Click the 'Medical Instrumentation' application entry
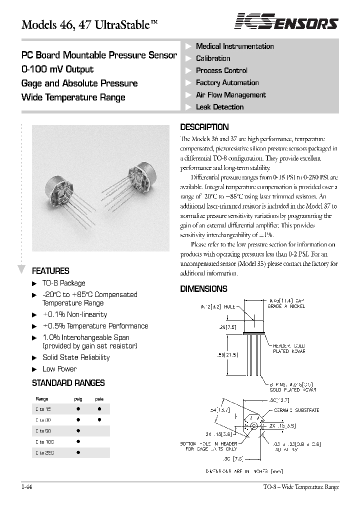[234, 46]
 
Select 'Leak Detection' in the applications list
[219, 107]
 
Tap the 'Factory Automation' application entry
[227, 83]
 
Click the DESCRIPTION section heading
[204, 127]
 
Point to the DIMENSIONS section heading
[203, 289]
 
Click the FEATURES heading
[50, 271]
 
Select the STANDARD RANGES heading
[68, 383]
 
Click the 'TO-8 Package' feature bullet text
[63, 283]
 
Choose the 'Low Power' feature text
[59, 369]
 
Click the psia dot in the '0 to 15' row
[99, 408]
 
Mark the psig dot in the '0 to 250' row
[78, 452]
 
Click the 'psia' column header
[99, 399]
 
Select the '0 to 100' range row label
[44, 441]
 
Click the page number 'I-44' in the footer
[26, 487]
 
